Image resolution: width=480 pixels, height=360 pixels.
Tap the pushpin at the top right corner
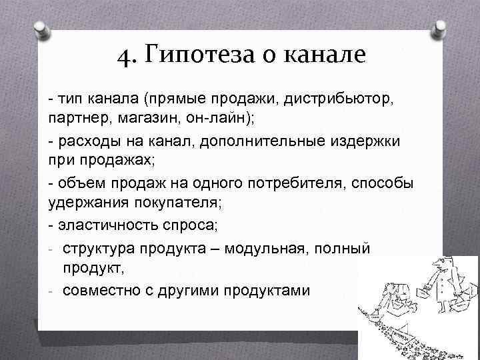pos(442,28)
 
